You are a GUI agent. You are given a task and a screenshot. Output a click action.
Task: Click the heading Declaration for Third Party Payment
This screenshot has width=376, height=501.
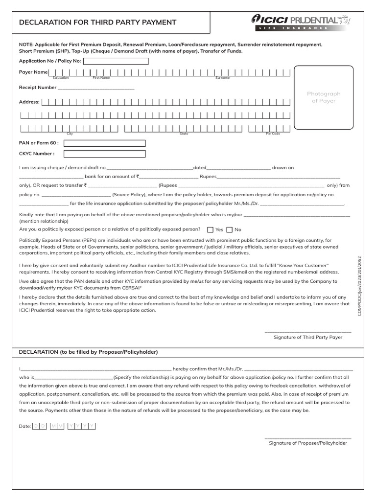[97, 23]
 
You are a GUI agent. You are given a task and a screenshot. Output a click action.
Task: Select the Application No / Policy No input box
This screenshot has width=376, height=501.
[116, 61]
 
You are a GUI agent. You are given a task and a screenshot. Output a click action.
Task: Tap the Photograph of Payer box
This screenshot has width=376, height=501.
[324, 97]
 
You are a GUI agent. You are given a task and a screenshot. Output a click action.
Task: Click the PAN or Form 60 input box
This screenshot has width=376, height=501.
[104, 143]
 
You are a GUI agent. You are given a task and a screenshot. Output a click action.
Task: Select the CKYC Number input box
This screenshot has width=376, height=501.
[104, 154]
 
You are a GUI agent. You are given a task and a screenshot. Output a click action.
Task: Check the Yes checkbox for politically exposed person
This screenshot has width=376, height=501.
[211, 229]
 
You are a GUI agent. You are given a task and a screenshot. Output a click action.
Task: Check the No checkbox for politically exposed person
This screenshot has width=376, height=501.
[229, 229]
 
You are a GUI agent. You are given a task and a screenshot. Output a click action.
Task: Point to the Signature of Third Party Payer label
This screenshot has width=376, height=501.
[307, 337]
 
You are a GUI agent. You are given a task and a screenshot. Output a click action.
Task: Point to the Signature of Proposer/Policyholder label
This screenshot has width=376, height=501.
[307, 443]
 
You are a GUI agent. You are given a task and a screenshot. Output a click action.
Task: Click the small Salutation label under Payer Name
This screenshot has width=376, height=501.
[61, 78]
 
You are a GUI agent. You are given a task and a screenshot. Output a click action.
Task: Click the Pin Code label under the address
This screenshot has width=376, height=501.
[273, 134]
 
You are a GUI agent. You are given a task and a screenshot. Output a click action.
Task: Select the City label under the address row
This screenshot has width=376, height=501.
[70, 134]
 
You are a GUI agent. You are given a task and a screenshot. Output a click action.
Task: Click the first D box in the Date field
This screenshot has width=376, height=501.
[36, 426]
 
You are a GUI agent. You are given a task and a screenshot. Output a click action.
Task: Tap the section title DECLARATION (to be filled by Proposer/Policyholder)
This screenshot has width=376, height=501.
[88, 352]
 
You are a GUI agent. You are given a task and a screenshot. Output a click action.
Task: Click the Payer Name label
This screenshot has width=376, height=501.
[33, 72]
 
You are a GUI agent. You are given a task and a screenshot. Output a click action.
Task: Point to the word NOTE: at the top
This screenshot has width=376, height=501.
[26, 45]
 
